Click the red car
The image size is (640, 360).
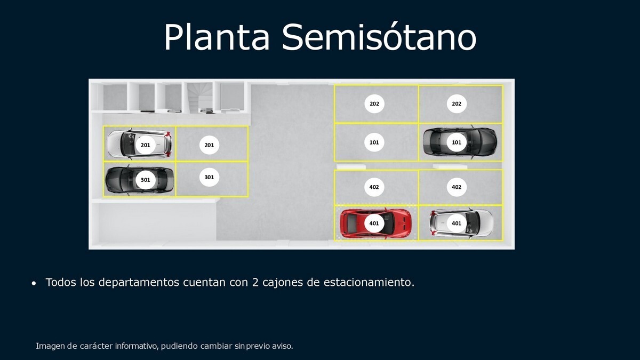tap(375, 223)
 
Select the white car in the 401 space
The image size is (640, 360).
tap(461, 223)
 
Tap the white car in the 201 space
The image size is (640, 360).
tap(139, 143)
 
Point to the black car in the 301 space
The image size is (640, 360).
tap(139, 180)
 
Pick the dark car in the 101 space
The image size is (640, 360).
tap(459, 142)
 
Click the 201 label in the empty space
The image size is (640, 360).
tap(209, 145)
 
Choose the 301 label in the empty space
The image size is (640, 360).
tap(209, 177)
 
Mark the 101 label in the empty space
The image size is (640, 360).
tap(374, 142)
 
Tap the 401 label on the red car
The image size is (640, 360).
tap(374, 223)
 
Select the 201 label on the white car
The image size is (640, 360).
tap(146, 145)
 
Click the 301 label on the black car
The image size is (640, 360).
tap(146, 180)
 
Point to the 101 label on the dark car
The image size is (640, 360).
tap(457, 142)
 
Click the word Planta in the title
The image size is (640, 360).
tap(217, 38)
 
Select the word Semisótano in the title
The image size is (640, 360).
tap(379, 37)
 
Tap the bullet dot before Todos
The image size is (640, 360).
tap(34, 283)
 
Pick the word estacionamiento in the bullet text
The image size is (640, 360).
tap(369, 282)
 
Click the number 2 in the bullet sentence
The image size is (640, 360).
tap(255, 282)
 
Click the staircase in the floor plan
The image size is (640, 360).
tap(199, 97)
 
